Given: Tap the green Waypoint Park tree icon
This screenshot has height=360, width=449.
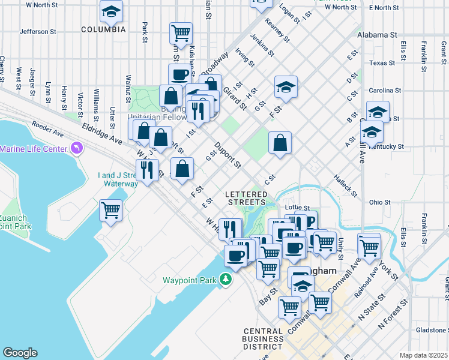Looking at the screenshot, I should pos(225,280).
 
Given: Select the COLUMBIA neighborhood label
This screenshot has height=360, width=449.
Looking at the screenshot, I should pos(103,29).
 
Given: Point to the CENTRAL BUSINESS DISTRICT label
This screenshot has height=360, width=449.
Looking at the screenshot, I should pos(264,339).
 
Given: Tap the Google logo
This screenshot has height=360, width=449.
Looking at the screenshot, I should pos(20,353).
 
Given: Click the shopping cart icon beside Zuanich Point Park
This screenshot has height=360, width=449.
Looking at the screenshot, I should pos(111,211).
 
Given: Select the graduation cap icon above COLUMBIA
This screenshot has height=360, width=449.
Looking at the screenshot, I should pos(110,11).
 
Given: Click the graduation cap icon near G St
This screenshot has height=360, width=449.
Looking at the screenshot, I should pos(286,87).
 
